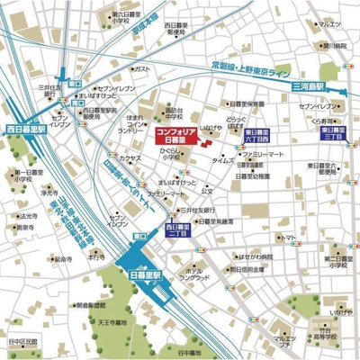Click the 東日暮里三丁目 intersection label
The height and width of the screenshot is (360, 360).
pyautogui.click(x=334, y=133)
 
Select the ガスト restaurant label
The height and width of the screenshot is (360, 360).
pyautogui.click(x=142, y=68)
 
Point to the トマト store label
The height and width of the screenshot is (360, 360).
pyautogui.click(x=292, y=238)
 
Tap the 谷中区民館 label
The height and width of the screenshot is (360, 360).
pyautogui.click(x=20, y=341)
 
